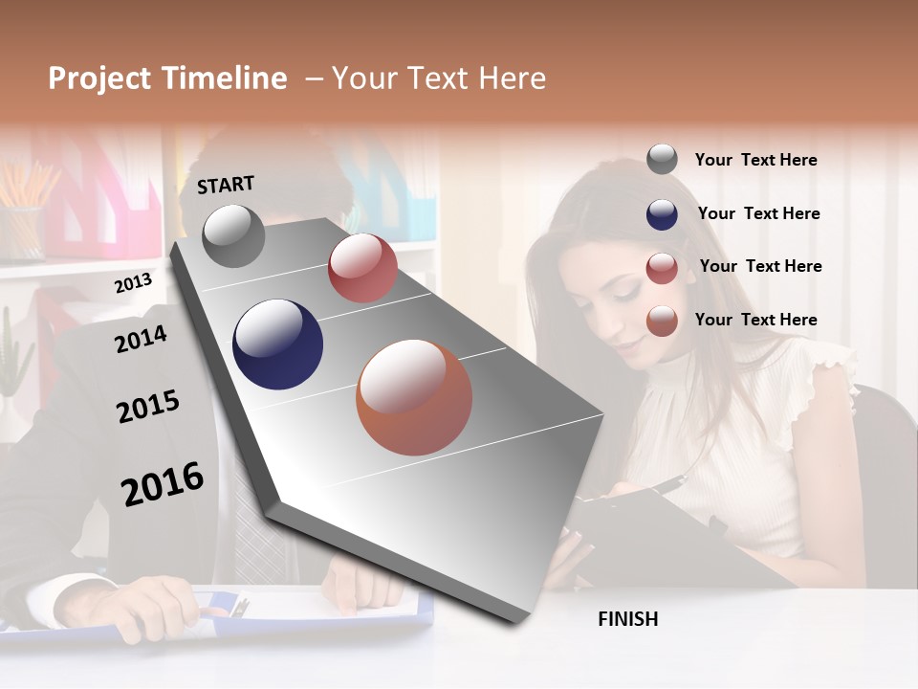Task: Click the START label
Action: coord(226,185)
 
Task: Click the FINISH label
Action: coord(628,619)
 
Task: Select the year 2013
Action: coord(133,283)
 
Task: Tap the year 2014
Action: coord(141,339)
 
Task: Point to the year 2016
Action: coord(163,484)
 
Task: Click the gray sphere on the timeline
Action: coord(233,236)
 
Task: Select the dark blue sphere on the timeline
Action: coord(277,344)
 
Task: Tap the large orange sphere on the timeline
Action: coord(414,397)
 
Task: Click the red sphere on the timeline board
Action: coord(362,268)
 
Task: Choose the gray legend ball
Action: coord(662,160)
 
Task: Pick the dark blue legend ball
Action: coord(662,214)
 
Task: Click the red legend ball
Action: coord(662,268)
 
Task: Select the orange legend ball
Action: coord(662,321)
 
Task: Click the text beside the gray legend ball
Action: coord(755,160)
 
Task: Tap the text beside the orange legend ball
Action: coord(755,320)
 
